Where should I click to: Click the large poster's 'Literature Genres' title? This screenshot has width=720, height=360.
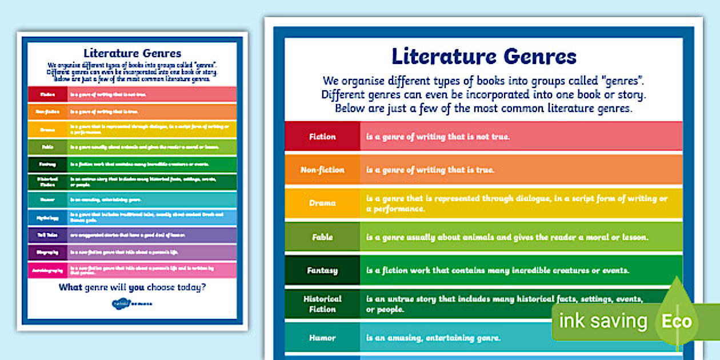tap(483, 57)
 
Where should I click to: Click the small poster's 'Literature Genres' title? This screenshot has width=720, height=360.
tap(132, 53)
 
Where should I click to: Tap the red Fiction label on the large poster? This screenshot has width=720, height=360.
tap(322, 137)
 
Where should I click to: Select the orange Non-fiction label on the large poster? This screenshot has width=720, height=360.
tap(322, 170)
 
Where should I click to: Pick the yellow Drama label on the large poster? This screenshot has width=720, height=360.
tap(322, 203)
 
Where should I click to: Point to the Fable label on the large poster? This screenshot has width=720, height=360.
tap(322, 237)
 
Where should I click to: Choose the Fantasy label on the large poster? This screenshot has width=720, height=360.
tap(322, 270)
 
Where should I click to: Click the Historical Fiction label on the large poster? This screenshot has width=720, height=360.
tap(322, 303)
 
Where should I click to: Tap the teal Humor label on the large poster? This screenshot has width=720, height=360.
tap(322, 338)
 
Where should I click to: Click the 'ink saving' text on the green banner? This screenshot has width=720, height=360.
tap(602, 321)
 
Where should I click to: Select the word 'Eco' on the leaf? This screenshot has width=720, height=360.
tap(677, 321)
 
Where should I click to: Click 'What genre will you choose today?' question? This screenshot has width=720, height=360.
tap(132, 287)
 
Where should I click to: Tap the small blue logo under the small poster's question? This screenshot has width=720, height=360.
tap(132, 302)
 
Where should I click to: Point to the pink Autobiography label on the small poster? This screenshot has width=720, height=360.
tap(47, 269)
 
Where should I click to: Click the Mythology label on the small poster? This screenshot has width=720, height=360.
tap(47, 217)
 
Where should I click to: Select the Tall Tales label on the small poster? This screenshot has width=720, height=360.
tap(47, 234)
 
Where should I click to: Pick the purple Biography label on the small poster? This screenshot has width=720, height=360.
tap(47, 251)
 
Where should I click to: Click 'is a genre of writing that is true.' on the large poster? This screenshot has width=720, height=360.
tap(430, 170)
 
